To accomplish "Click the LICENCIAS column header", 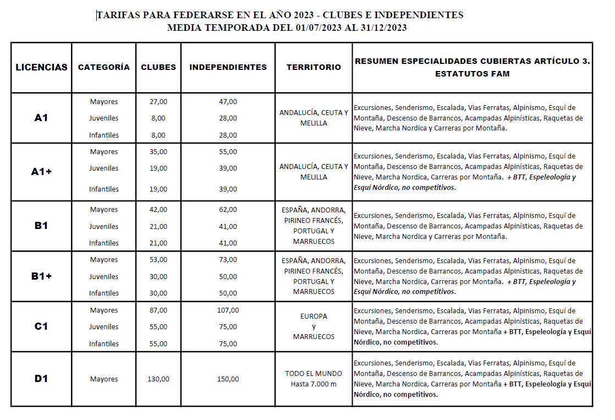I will click(x=41, y=67).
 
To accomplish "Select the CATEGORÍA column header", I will click(x=104, y=67).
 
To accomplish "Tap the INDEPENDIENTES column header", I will click(x=228, y=67).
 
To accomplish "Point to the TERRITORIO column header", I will click(x=314, y=67).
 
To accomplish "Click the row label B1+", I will click(x=41, y=276).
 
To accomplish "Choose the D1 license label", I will click(x=41, y=379).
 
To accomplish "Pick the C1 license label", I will click(x=41, y=326).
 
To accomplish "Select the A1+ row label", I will click(x=41, y=171).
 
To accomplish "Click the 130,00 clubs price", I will click(x=158, y=379).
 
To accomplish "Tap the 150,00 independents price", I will click(x=228, y=379).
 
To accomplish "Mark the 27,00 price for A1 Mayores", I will click(x=158, y=101).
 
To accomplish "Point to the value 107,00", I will click(x=228, y=310).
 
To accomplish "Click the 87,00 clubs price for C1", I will click(x=158, y=310).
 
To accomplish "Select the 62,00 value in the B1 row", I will click(x=228, y=210).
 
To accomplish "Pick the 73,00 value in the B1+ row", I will click(x=228, y=260).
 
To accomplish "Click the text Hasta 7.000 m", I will click(x=314, y=384).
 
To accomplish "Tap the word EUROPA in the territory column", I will click(x=314, y=317).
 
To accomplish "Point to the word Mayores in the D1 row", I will click(x=104, y=379).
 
